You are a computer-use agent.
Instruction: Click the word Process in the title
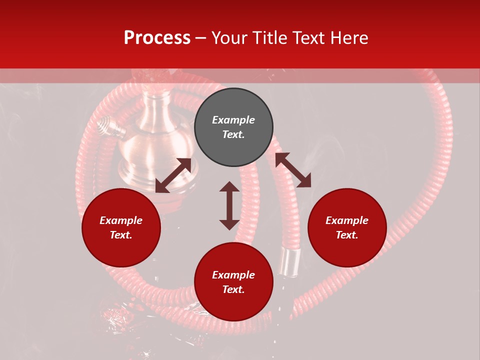pyautogui.click(x=157, y=38)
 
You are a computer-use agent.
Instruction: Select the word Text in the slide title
pyautogui.click(x=307, y=38)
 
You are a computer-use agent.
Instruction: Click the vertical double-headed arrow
pyautogui.click(x=229, y=205)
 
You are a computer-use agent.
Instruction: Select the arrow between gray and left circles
pyautogui.click(x=173, y=175)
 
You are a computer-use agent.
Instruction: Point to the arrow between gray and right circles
pyautogui.click(x=293, y=170)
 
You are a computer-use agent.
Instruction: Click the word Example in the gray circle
pyautogui.click(x=233, y=120)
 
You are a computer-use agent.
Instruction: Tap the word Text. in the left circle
pyautogui.click(x=121, y=235)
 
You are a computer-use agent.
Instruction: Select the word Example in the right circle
pyautogui.click(x=347, y=220)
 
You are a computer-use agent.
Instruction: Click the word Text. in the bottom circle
pyautogui.click(x=233, y=289)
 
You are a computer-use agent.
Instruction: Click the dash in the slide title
pyautogui.click(x=201, y=38)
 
